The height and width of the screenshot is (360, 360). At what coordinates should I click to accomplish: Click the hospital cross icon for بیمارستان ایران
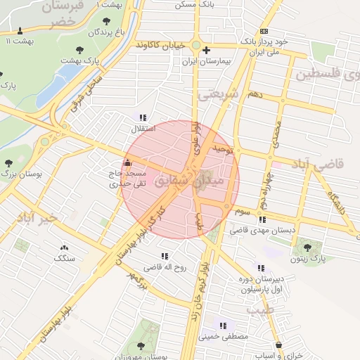coord(206,51)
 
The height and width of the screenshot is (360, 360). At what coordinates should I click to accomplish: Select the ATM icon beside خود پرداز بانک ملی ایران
coord(263,32)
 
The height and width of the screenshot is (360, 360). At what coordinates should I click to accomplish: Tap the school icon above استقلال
coord(143,117)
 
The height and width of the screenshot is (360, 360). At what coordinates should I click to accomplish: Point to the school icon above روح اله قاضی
coord(165,256)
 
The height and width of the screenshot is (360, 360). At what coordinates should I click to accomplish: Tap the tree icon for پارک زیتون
coord(307,245)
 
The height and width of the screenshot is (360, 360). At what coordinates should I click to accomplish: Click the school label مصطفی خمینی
coord(227,337)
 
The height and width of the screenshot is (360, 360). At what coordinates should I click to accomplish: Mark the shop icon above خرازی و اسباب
coord(280,345)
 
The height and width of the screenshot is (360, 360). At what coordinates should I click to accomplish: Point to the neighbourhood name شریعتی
coord(219,94)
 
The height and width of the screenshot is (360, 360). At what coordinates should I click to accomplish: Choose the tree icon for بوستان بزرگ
coord(8,163)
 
